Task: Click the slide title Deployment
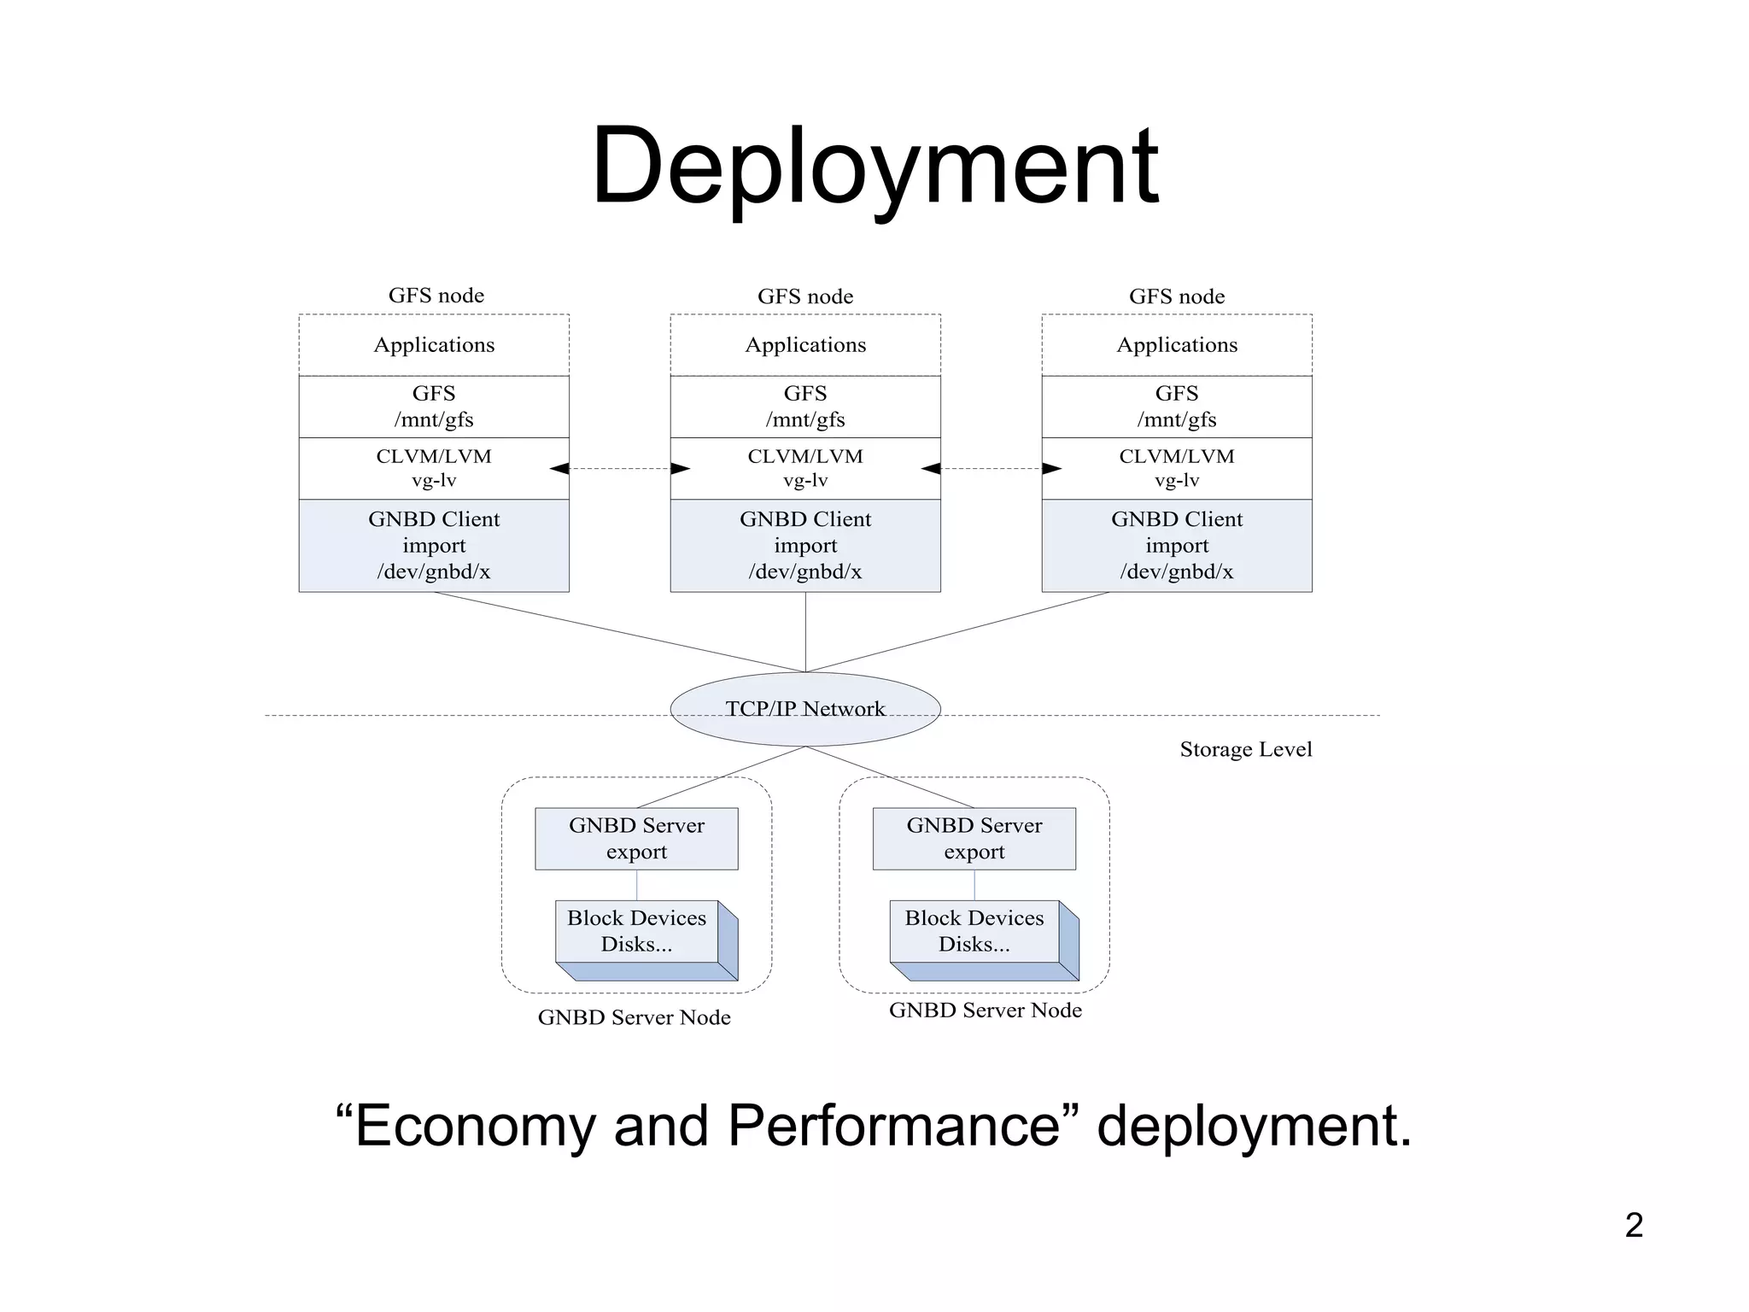(x=874, y=167)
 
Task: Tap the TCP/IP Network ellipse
(x=804, y=709)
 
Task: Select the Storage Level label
(x=1245, y=749)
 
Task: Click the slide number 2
(x=1633, y=1225)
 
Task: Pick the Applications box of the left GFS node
(x=434, y=345)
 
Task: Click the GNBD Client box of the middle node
(x=804, y=545)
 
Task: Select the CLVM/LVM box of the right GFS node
(x=1176, y=468)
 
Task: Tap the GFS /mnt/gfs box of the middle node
(x=804, y=407)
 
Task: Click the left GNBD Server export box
(x=636, y=838)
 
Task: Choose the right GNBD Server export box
(x=974, y=838)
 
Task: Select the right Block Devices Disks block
(x=974, y=932)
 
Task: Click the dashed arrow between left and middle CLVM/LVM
(x=620, y=468)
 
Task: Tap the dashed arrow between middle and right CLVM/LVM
(x=991, y=468)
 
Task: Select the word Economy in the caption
(x=474, y=1126)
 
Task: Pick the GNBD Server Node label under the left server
(x=634, y=1017)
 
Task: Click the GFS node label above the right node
(x=1176, y=296)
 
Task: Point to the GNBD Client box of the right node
(x=1176, y=545)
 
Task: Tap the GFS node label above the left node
(x=436, y=296)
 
